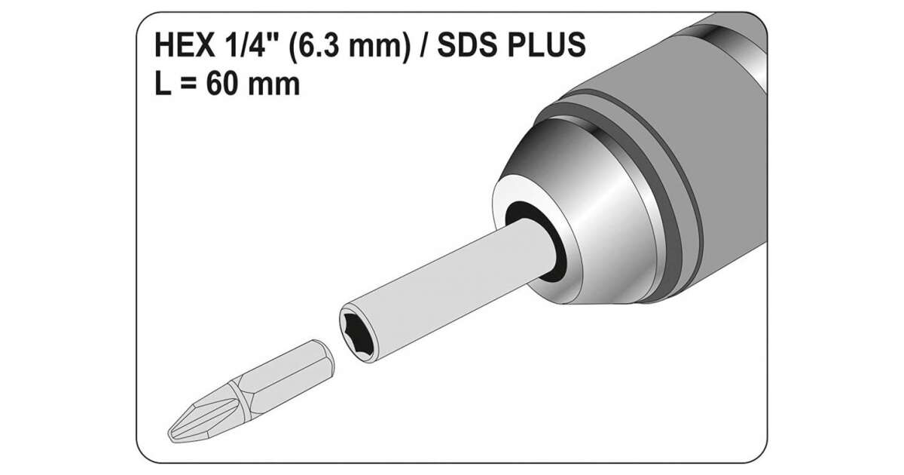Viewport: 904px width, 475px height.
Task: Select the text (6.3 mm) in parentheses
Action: [x=349, y=46]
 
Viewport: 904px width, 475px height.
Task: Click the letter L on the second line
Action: [x=163, y=84]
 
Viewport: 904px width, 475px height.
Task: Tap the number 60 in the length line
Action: [x=224, y=84]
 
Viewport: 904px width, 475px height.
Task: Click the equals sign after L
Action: [x=188, y=84]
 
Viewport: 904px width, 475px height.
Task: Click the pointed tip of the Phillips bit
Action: [x=169, y=436]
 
